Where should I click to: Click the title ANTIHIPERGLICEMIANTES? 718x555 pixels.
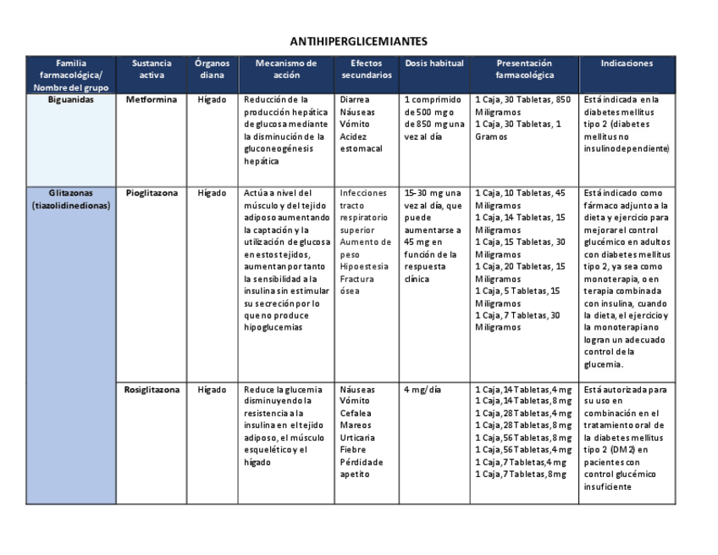coord(358,41)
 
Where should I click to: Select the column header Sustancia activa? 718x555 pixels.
coord(152,69)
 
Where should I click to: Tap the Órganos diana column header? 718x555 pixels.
coord(212,69)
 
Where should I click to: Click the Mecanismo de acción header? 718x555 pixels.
coord(286,69)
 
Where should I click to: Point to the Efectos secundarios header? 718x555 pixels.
coord(367,69)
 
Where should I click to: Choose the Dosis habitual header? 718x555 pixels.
coord(435,63)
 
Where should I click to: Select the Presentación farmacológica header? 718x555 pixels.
coord(523,69)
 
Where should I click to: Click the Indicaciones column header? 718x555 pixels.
coord(627,63)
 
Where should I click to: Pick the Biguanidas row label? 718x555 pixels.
coord(70,99)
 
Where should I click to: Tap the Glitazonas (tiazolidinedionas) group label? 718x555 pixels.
coord(70,198)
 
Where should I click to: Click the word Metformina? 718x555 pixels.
coord(152,99)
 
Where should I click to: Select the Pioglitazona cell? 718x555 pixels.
coord(152,192)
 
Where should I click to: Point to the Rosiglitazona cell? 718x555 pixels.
coord(152,390)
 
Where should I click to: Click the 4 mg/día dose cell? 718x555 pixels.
coord(423,390)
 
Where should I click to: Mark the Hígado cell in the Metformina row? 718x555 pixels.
coord(212,99)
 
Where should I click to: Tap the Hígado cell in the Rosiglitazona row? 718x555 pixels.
coord(212,390)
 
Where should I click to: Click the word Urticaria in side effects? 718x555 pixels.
coord(356,438)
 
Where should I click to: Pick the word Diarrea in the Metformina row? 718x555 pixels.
coord(354,99)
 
